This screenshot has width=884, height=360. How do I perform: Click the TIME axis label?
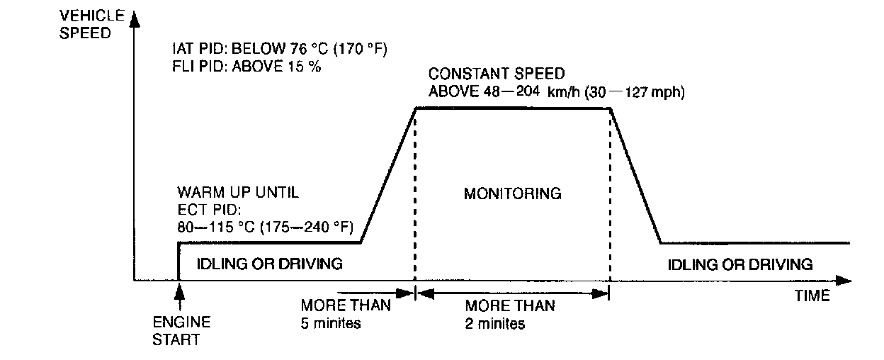(812, 296)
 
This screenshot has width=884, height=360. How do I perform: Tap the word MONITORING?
(512, 193)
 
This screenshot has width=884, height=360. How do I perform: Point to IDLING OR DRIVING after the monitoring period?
(740, 264)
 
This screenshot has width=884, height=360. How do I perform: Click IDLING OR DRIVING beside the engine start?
(270, 264)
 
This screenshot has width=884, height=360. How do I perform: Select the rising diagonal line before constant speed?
(388, 175)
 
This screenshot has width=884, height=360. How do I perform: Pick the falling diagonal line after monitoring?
(635, 175)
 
